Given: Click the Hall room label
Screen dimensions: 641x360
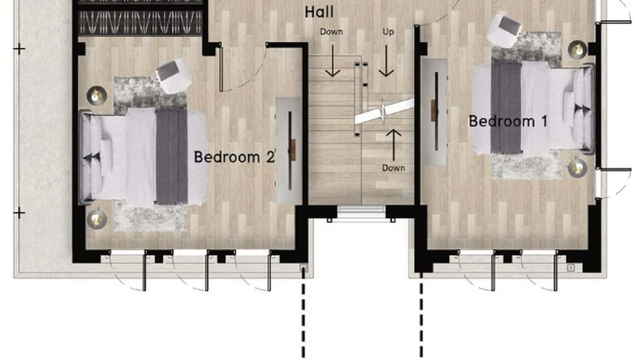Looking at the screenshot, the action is (x=319, y=12).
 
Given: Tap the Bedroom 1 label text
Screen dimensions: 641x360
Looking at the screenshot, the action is (x=508, y=121).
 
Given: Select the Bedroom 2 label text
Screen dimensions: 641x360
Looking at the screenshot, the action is (x=234, y=157).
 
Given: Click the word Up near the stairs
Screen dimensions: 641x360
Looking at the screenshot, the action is (x=388, y=32).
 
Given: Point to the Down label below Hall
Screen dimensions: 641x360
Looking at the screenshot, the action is (x=331, y=32).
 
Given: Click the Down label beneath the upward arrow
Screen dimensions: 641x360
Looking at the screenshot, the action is (x=394, y=168).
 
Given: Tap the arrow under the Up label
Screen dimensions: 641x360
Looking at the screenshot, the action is (x=386, y=61).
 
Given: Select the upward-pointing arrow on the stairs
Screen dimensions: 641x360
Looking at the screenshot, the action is (x=394, y=145).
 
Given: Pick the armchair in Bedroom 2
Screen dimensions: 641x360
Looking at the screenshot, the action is (x=174, y=76).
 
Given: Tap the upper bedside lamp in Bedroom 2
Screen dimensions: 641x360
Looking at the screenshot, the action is (x=96, y=95).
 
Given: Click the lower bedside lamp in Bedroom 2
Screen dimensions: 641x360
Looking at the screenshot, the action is (x=96, y=219).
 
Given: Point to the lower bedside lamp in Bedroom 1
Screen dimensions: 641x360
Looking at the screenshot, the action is (x=577, y=168).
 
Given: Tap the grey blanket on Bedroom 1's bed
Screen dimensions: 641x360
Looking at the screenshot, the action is (x=506, y=108).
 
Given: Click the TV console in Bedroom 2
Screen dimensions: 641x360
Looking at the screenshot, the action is (x=289, y=151).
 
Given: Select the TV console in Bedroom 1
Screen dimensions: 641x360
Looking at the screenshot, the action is (x=435, y=112).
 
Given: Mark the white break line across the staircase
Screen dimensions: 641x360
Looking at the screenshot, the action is (x=384, y=112).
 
